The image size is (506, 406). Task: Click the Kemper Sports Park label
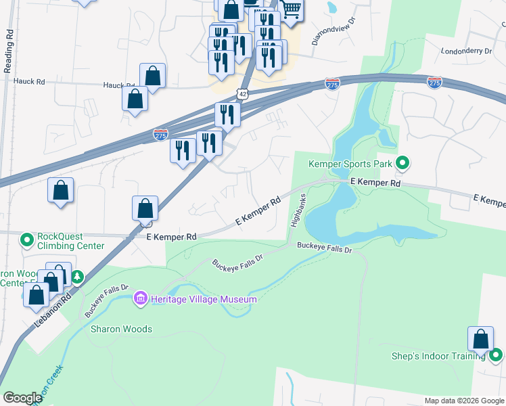(x=350, y=163)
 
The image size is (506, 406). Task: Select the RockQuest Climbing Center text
(x=71, y=241)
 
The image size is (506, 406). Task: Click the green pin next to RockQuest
(x=27, y=240)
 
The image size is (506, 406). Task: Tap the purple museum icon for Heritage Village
(x=141, y=298)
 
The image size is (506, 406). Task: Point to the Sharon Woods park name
(x=122, y=330)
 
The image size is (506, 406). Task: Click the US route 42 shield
(x=242, y=93)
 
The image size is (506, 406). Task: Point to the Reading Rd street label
(x=9, y=51)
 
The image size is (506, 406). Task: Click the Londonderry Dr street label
(x=465, y=51)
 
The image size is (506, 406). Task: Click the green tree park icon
(x=78, y=277)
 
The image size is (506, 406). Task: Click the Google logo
(x=22, y=398)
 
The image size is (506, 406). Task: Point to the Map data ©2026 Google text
(x=463, y=401)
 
